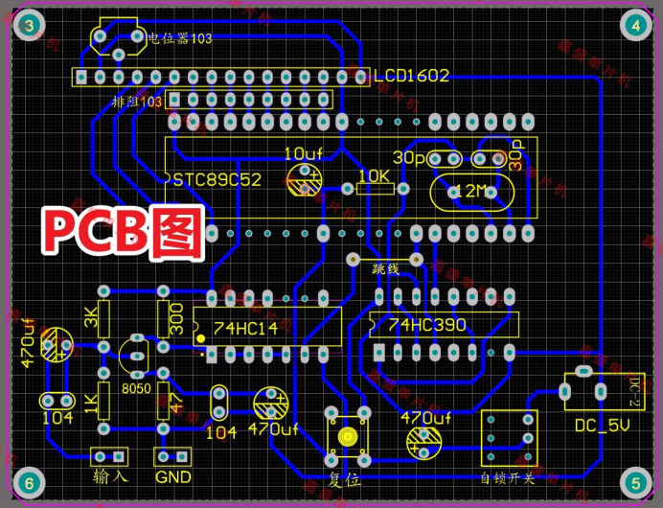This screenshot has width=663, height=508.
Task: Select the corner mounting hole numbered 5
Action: coord(633,481)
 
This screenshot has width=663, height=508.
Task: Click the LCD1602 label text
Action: coord(411,76)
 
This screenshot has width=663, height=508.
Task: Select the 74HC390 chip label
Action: coord(430,325)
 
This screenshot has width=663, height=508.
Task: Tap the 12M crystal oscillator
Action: coord(470,191)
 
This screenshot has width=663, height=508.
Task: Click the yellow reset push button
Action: coord(346,436)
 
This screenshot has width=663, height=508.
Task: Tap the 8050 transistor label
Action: coord(137,389)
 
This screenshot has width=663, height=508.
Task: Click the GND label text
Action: coord(173,476)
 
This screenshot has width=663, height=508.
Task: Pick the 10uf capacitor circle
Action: coord(305,179)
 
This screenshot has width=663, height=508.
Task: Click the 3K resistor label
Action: coord(91,317)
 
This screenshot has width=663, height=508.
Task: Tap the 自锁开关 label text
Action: coord(507,476)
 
